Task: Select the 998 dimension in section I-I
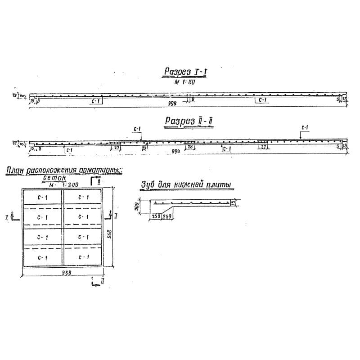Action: click(171, 103)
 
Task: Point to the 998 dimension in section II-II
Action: click(176, 152)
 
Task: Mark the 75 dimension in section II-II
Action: click(144, 147)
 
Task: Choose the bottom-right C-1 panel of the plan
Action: click(83, 257)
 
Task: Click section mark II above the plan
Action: click(98, 180)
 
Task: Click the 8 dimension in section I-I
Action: click(193, 99)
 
